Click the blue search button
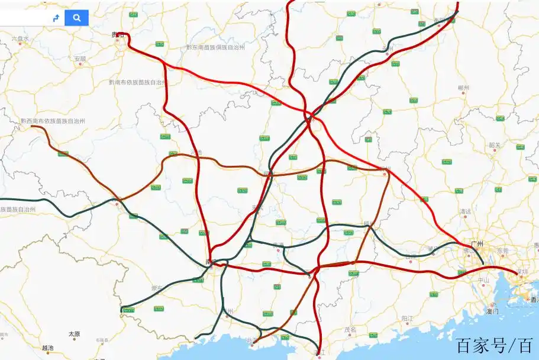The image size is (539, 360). [x=77, y=18]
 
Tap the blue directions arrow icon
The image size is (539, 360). [x=56, y=18]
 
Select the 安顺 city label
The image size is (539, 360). [x=80, y=59]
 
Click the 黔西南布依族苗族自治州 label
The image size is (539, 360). [x=53, y=121]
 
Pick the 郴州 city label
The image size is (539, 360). [x=463, y=88]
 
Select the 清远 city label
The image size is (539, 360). [x=466, y=211]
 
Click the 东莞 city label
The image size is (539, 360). [x=503, y=251]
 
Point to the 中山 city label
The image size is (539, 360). [x=483, y=280]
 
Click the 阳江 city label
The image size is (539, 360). [x=407, y=318]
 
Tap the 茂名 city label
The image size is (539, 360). [x=350, y=330]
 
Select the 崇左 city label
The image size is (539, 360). [x=157, y=288]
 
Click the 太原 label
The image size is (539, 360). [x=74, y=334]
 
